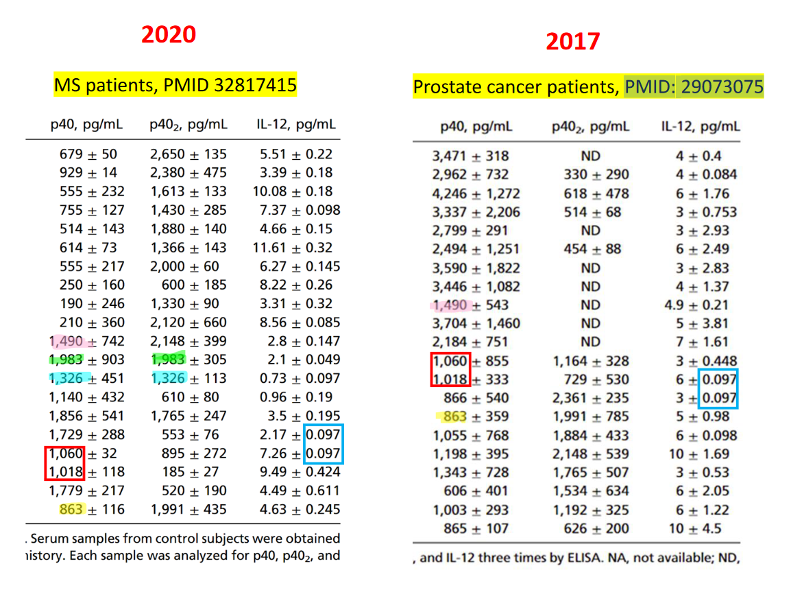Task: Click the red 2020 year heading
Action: coord(169,34)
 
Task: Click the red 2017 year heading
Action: coord(572,41)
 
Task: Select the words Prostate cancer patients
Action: coord(515,87)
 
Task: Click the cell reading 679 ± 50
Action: coord(88,154)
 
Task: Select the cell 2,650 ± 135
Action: coord(188,154)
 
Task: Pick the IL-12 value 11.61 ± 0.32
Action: coord(293,248)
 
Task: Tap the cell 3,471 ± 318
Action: coord(471,156)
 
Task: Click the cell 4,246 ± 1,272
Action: coord(476,193)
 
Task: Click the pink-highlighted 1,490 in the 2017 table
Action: coord(450,305)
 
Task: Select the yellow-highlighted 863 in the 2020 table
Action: coord(71,509)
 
